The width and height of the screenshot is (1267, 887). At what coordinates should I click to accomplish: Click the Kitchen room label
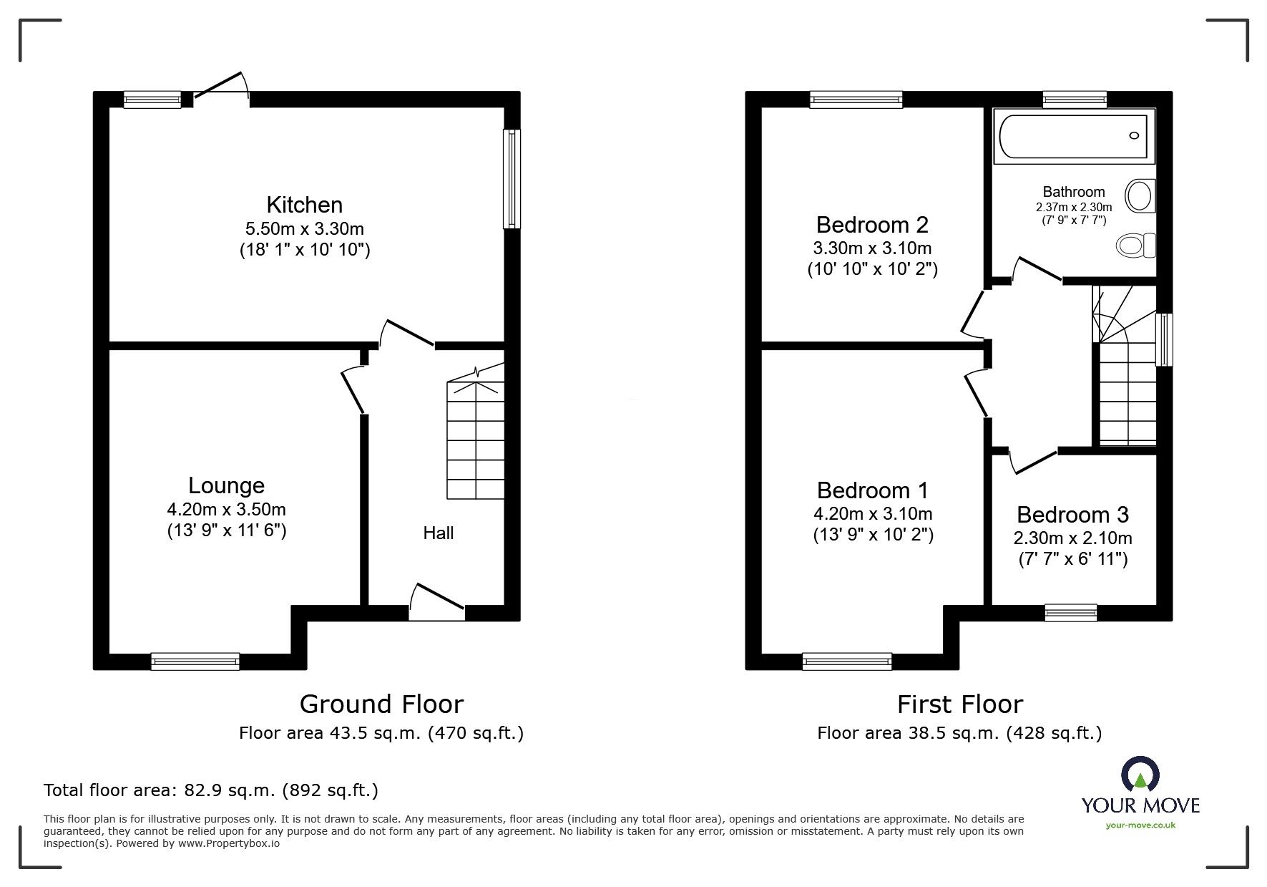pos(304,205)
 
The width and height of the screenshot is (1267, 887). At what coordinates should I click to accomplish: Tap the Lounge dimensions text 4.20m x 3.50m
pos(226,510)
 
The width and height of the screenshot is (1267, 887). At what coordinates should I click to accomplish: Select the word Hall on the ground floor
pos(438,533)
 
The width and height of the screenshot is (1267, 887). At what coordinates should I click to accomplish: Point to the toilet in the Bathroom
pos(1135,246)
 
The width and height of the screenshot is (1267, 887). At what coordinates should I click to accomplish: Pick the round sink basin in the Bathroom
pos(1140,195)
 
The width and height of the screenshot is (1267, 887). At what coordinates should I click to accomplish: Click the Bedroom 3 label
pos(1072,515)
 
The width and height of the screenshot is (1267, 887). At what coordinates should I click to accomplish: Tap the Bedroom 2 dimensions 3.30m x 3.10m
pos(872,248)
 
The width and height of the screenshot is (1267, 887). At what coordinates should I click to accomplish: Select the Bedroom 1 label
pos(872,490)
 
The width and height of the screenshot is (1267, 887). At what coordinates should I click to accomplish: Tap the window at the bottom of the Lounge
pos(195,661)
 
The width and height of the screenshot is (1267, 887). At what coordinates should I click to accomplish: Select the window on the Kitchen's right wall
pos(512,179)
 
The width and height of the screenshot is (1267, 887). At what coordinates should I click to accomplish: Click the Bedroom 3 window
pos(1070,612)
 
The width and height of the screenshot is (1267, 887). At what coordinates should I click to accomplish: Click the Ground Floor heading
pos(381,704)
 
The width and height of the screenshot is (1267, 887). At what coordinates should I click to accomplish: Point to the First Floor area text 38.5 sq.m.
pos(959,733)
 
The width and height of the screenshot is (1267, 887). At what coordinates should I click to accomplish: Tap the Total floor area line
pos(211,790)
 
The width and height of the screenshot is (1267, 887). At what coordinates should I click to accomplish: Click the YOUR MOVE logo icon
pos(1140,775)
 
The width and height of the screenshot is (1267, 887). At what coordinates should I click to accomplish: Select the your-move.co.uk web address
pos(1140,825)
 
